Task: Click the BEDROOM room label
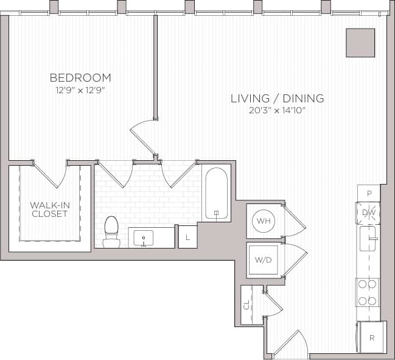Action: (80, 77)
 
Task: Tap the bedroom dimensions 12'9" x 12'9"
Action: (80, 90)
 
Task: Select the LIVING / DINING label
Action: (277, 98)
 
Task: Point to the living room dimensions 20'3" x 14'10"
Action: (277, 110)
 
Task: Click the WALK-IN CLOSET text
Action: (50, 210)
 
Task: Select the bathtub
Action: (216, 194)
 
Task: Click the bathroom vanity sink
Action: (144, 238)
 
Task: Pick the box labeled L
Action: (187, 237)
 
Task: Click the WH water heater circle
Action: (264, 220)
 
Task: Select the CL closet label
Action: (247, 304)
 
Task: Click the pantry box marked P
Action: (368, 192)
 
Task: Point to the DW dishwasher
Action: (368, 213)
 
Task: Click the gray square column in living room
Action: (360, 43)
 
